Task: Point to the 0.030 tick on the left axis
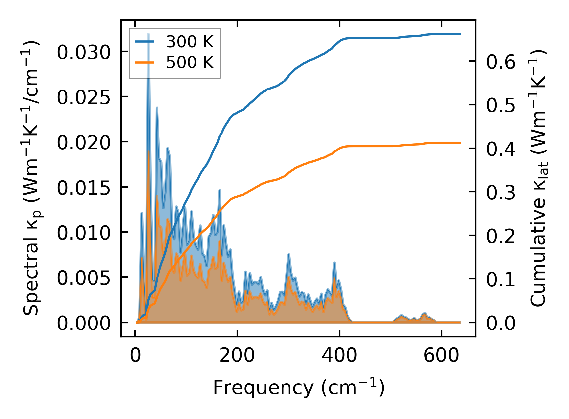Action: (x=83, y=52)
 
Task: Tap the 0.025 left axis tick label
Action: (x=83, y=97)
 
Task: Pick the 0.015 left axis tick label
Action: (x=83, y=188)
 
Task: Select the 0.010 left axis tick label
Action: (x=83, y=233)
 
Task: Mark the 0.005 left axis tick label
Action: (x=83, y=278)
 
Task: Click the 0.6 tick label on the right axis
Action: (x=501, y=62)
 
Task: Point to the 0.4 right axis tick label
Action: (x=501, y=149)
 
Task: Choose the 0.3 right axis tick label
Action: (x=501, y=193)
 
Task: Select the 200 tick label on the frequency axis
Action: (x=237, y=356)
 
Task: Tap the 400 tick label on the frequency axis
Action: (x=339, y=356)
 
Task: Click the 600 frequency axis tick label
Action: (x=441, y=356)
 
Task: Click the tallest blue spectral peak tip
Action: (x=148, y=34)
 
